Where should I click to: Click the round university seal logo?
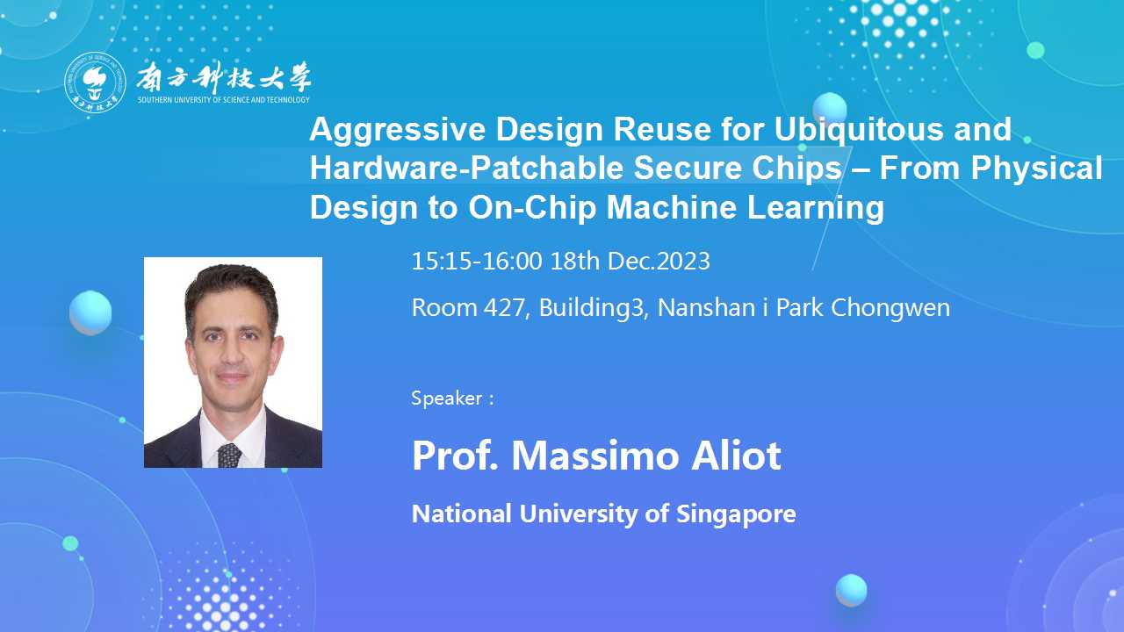coord(95,83)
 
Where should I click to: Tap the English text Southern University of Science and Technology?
coord(224,100)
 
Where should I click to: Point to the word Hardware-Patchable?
coord(466,168)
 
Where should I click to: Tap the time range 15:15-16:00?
coord(477,262)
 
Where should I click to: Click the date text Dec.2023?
coord(659,262)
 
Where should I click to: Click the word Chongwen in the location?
coord(890,308)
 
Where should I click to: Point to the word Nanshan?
coord(706,307)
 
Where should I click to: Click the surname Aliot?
coord(736,456)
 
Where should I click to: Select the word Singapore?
coord(736,514)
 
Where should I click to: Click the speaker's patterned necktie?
coord(229,456)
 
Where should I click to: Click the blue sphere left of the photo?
coord(90,312)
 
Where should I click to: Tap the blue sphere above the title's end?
coord(830,108)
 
